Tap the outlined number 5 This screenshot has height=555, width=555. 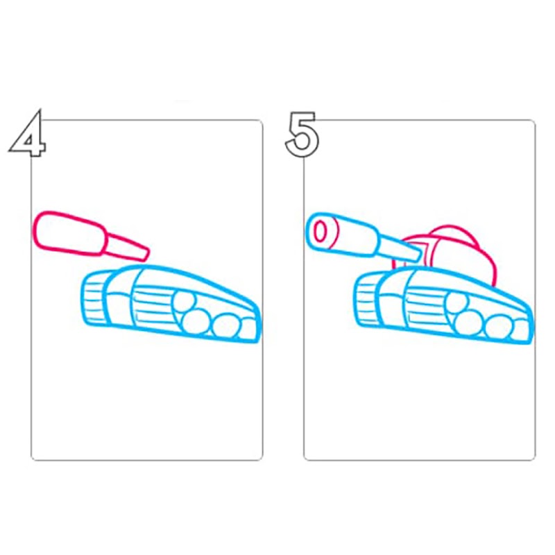pos(302,134)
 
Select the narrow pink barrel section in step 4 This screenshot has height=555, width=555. pos(128,247)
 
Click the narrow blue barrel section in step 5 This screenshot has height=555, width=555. pos(398,248)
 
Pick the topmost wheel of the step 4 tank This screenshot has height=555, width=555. pos(184,303)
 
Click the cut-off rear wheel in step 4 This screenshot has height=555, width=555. pos(249,328)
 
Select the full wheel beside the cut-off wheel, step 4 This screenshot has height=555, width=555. pos(227,325)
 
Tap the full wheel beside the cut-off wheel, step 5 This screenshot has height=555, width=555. pos(499,327)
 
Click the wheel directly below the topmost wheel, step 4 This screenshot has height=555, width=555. pos(196,321)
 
